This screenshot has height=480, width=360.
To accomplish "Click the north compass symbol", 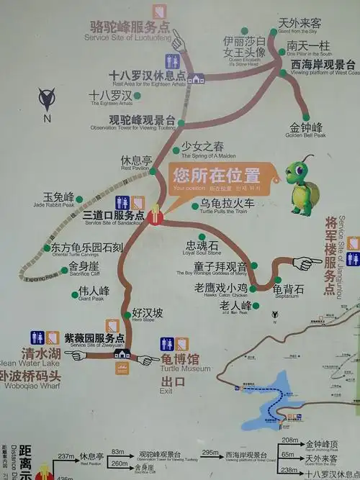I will click(x=48, y=99).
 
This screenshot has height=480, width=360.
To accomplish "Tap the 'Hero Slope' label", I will click(x=148, y=315).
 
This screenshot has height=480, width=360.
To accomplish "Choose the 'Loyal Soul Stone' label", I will click(x=202, y=248).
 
